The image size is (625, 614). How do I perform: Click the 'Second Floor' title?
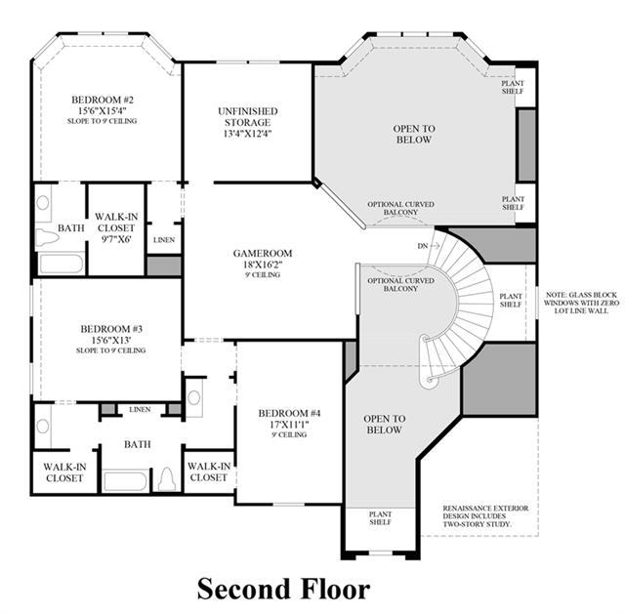tap(283, 589)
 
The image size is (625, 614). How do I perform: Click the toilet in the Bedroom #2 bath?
tap(47, 237)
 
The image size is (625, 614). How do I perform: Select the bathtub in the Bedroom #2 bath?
tap(61, 263)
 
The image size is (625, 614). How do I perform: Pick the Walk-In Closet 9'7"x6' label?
tap(116, 227)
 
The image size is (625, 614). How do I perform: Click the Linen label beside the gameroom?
tap(164, 240)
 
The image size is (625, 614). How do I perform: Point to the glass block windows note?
tap(581, 303)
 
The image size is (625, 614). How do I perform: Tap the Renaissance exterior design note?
tap(485, 516)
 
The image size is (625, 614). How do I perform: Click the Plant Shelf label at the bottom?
tap(380, 518)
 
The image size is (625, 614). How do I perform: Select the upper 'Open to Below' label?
tap(414, 134)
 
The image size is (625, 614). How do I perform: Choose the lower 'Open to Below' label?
tap(384, 424)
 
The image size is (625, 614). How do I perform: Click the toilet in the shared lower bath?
tap(167, 479)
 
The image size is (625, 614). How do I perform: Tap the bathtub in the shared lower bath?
tap(125, 481)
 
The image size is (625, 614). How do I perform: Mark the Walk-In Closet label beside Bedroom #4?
tap(209, 471)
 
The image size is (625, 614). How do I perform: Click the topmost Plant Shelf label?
tap(513, 87)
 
